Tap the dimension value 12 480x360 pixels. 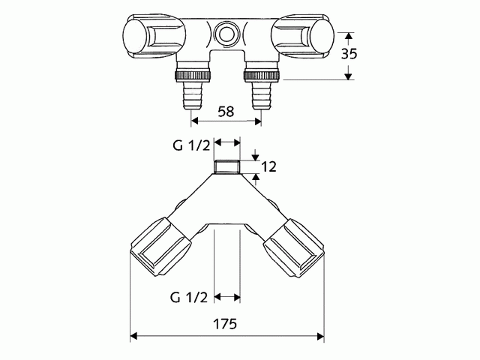click(x=271, y=166)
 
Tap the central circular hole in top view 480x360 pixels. click(x=226, y=34)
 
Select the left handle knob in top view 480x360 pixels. click(x=145, y=35)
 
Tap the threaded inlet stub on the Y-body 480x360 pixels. click(x=227, y=166)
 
